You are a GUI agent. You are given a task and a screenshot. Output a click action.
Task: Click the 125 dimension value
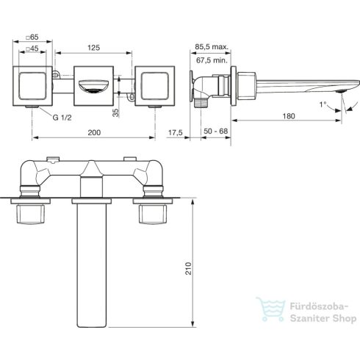[94, 48]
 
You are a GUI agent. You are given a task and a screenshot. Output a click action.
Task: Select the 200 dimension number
[94, 132]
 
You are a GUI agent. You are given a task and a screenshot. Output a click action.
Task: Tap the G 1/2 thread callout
[62, 118]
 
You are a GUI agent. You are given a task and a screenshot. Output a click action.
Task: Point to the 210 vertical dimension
[188, 268]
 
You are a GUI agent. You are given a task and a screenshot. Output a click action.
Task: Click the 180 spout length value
[289, 116]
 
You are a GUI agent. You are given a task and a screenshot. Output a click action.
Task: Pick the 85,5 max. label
[212, 47]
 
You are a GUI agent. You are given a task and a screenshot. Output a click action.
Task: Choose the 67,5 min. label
[212, 60]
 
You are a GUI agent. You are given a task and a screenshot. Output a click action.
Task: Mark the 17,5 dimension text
[176, 132]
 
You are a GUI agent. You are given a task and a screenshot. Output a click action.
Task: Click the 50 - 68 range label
[216, 131]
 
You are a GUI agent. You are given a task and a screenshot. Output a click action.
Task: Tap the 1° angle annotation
[323, 104]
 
